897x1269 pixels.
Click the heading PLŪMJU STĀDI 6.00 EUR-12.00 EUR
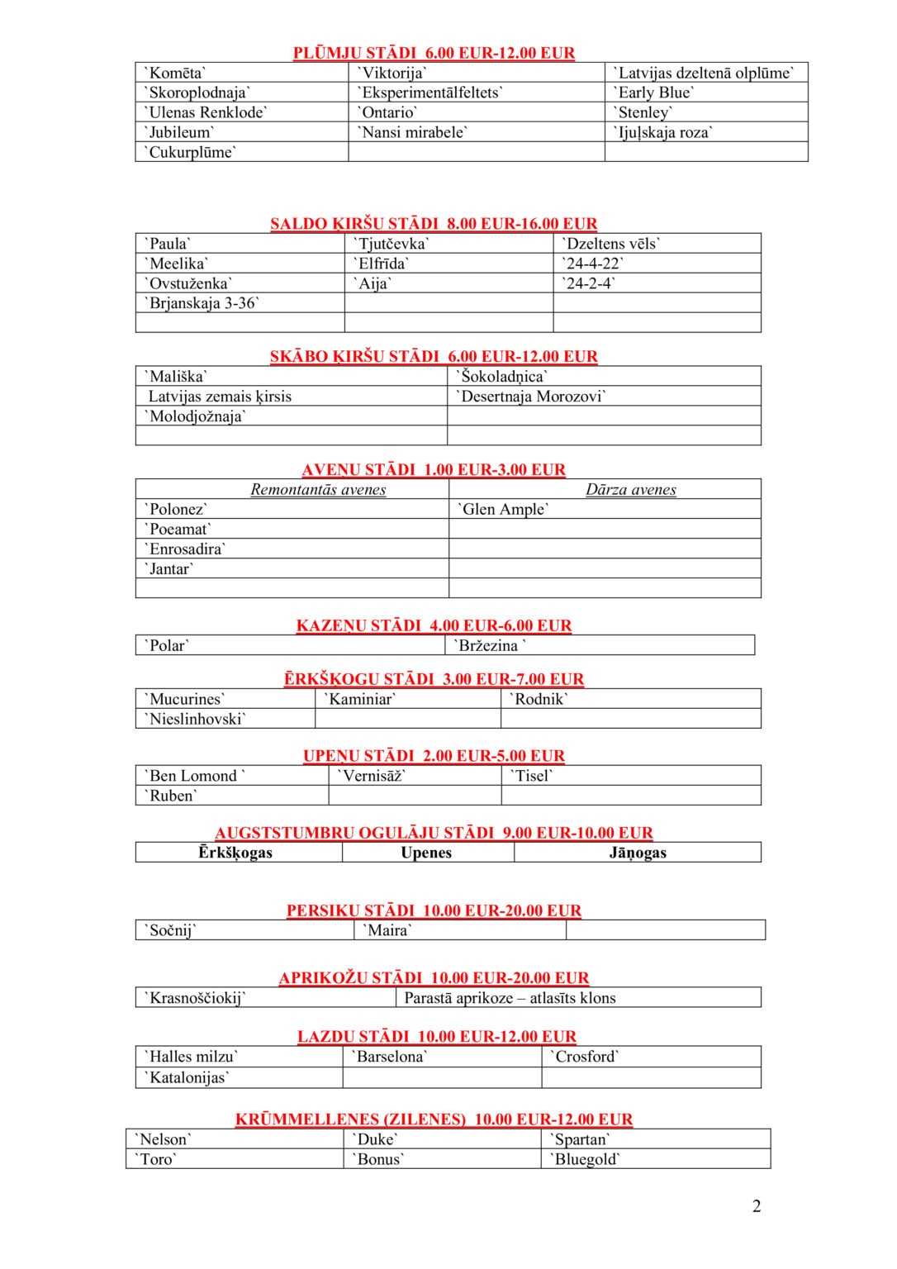point(434,53)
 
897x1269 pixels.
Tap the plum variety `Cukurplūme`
point(190,152)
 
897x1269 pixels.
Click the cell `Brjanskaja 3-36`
point(202,303)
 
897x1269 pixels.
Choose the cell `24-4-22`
point(592,264)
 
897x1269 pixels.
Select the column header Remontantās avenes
point(318,490)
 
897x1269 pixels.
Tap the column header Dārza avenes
point(631,490)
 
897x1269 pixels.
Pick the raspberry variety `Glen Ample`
point(502,510)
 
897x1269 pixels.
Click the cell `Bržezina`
point(489,646)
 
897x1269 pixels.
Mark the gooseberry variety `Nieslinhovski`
point(196,720)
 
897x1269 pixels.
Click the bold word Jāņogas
point(638,853)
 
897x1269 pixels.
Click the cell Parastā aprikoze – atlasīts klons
point(510,998)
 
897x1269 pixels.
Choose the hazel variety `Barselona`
point(389,1057)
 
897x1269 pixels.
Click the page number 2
point(757,1206)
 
